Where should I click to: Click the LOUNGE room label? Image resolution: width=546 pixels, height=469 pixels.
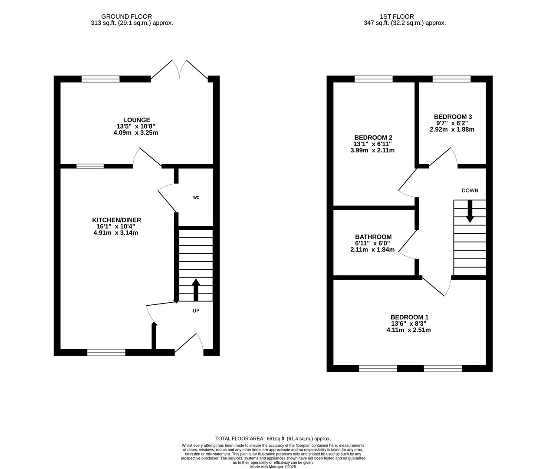(x=137, y=120)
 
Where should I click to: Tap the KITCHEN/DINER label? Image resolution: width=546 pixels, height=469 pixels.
(x=116, y=220)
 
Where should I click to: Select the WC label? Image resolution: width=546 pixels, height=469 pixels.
(x=196, y=198)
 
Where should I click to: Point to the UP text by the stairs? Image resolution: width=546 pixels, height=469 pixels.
(x=196, y=310)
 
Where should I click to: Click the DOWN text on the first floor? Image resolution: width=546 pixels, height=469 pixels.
(x=470, y=190)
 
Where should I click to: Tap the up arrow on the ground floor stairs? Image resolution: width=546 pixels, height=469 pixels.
(x=196, y=290)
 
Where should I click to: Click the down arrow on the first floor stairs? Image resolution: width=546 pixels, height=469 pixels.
(x=470, y=211)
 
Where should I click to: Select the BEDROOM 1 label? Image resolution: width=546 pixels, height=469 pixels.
(x=409, y=317)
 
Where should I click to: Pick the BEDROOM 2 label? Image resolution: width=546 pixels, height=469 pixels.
(x=373, y=138)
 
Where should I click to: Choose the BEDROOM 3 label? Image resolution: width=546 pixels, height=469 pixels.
(x=453, y=116)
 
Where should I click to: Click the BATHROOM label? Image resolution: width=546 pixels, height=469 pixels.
(x=373, y=237)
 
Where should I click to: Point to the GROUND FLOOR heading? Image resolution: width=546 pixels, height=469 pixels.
(x=127, y=17)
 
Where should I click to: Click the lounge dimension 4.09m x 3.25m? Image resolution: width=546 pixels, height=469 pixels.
(x=136, y=133)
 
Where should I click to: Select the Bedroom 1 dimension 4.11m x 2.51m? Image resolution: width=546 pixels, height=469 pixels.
(x=408, y=330)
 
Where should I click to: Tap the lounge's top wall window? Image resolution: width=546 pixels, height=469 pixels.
(x=100, y=79)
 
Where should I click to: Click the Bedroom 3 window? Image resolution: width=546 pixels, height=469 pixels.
(x=451, y=79)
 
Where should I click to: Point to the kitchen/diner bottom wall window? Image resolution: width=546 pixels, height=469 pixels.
(x=106, y=352)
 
